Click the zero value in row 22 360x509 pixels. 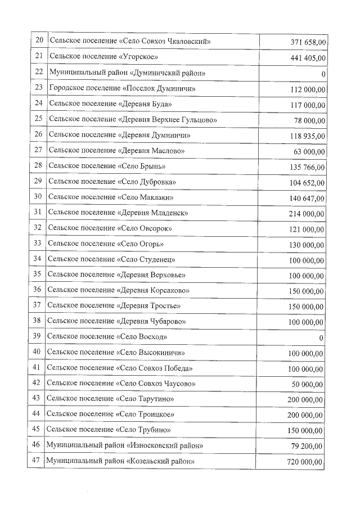tap(323, 74)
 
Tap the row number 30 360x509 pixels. tap(38, 197)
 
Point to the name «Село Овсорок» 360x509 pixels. tap(144, 228)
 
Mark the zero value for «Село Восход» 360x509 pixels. tap(321, 337)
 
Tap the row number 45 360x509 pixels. tap(37, 430)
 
